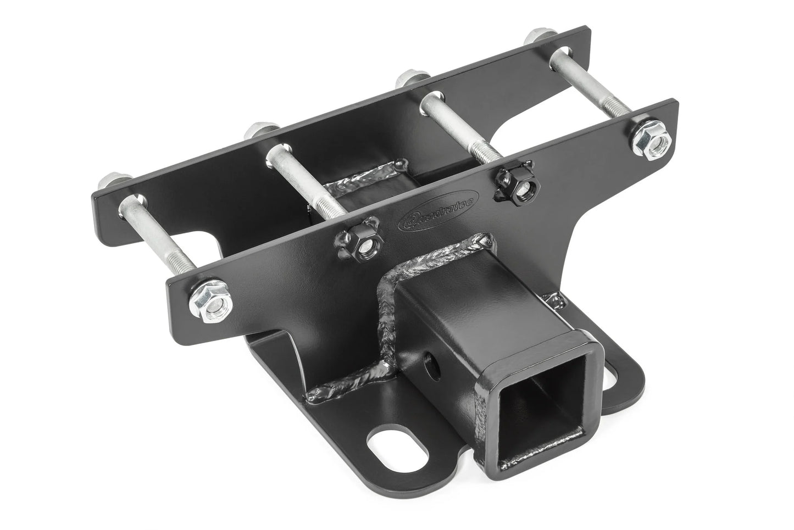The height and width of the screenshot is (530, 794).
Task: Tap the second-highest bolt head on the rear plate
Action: tap(408, 77)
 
